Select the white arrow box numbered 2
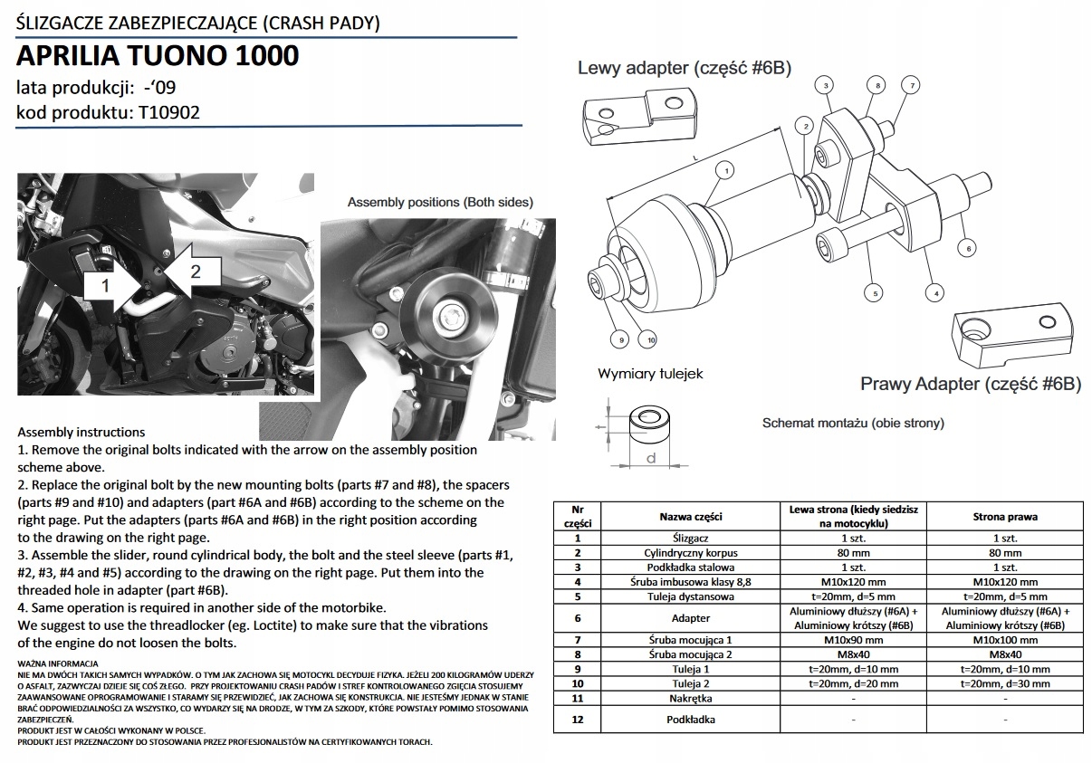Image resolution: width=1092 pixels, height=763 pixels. pyautogui.click(x=193, y=269)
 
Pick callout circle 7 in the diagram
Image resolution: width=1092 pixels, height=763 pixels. pyautogui.click(x=912, y=85)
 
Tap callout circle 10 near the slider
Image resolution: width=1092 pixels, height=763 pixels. pyautogui.click(x=647, y=339)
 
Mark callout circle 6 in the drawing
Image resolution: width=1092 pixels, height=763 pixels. pyautogui.click(x=967, y=247)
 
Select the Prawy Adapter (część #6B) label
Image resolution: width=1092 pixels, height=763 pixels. pyautogui.click(x=971, y=384)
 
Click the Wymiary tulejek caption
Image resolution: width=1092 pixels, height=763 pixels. pyautogui.click(x=649, y=373)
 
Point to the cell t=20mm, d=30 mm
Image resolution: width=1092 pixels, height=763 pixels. pyautogui.click(x=1007, y=683)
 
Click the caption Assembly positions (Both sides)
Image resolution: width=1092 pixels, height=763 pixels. pyautogui.click(x=440, y=202)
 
